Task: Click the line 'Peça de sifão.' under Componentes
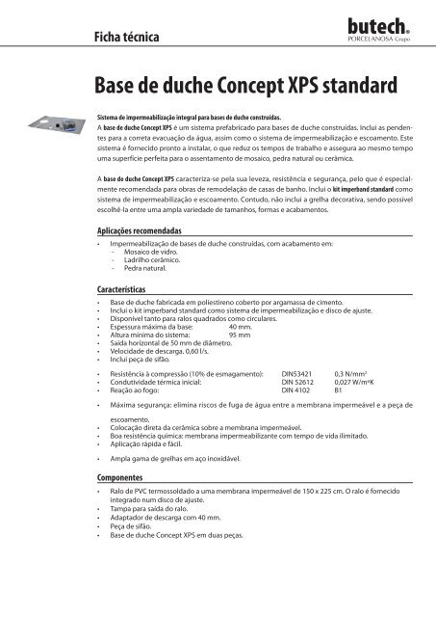click(x=140, y=523)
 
